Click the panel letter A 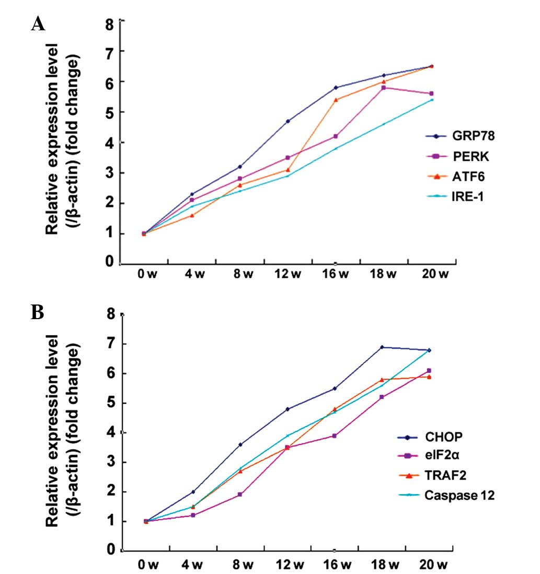click(x=37, y=24)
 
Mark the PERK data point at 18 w click(x=384, y=88)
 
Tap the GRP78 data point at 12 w click(x=288, y=121)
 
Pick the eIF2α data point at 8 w click(x=240, y=494)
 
